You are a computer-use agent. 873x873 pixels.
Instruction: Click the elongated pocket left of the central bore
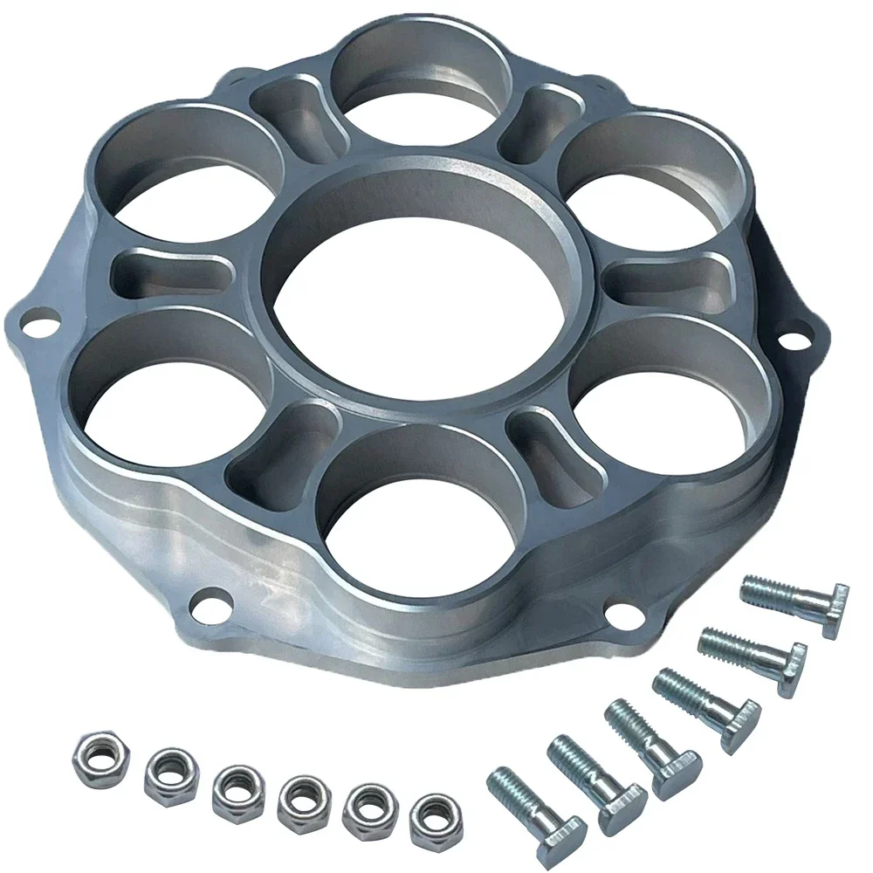[x=162, y=272]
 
